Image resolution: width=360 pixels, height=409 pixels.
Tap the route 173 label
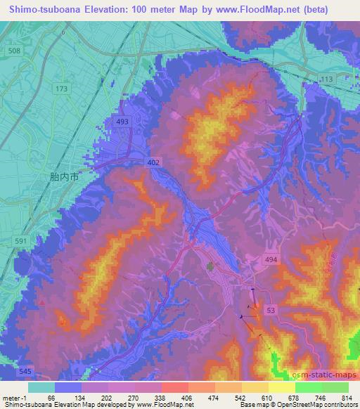63,89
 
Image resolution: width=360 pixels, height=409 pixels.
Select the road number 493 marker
122,122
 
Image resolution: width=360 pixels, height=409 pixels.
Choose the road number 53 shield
270,309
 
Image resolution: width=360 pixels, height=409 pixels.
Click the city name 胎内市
65,178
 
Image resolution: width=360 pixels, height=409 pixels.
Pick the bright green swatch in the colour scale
309,387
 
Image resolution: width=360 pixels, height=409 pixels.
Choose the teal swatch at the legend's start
41,387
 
